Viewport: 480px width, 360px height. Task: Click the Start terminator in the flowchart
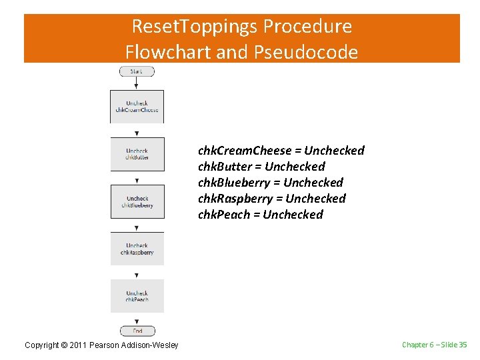click(137, 71)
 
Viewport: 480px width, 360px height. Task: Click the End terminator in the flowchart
click(137, 331)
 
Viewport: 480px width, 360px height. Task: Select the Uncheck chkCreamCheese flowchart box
click(137, 107)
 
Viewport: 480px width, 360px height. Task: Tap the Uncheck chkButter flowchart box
click(137, 154)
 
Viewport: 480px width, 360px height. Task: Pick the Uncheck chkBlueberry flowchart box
click(137, 201)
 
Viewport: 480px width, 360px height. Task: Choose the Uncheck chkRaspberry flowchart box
click(137, 249)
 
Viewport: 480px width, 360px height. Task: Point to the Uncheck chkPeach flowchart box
click(137, 296)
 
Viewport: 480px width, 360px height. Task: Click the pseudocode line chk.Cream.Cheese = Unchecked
click(281, 151)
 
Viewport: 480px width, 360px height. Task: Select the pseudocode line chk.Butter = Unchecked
click(261, 167)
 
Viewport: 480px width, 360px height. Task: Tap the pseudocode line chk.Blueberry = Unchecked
click(270, 183)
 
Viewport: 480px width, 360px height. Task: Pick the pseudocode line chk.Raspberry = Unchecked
click(271, 199)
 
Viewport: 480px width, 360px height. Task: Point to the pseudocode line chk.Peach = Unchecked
click(260, 215)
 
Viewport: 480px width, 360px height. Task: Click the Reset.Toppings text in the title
click(195, 27)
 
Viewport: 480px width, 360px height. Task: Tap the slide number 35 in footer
click(463, 345)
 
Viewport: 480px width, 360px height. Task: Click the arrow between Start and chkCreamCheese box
click(137, 83)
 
